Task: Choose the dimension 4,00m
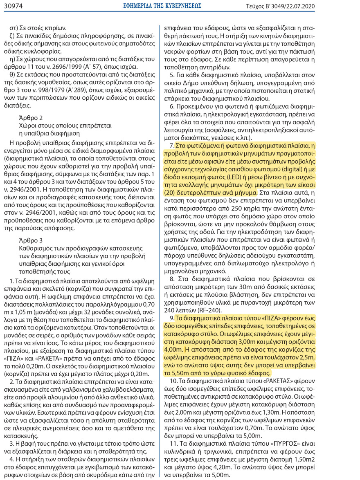(x=174, y=350)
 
